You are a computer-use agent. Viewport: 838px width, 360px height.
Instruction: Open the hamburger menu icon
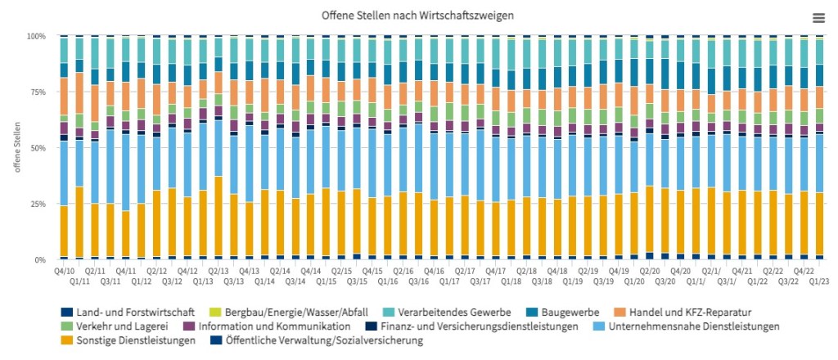tap(818, 17)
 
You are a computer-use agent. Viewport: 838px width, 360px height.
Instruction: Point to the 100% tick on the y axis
tap(37, 37)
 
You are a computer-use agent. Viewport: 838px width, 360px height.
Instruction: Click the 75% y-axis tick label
tap(38, 92)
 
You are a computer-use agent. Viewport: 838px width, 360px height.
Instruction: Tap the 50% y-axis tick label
tap(38, 148)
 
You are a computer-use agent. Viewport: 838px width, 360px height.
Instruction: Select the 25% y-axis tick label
tap(38, 204)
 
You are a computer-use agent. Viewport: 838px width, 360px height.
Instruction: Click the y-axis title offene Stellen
tap(16, 148)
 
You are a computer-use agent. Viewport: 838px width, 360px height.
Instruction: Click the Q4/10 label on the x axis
tap(64, 270)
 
